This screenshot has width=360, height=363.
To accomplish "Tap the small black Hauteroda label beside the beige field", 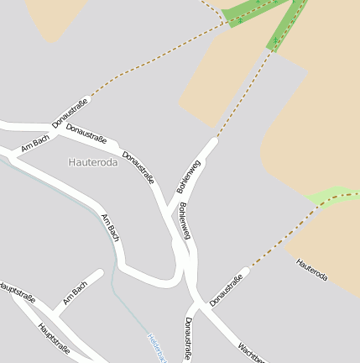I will click(x=312, y=270).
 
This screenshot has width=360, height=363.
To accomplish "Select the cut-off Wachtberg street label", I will click(x=251, y=352).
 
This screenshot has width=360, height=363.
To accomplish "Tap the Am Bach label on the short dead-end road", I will click(x=75, y=293).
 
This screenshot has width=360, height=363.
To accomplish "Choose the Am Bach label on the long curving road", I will click(x=110, y=229).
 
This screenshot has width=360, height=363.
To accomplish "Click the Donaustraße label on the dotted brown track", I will click(x=70, y=113).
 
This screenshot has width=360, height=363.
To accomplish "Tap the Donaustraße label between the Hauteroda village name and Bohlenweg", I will click(x=138, y=167).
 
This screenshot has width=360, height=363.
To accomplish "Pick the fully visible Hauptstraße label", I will click(x=55, y=337).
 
